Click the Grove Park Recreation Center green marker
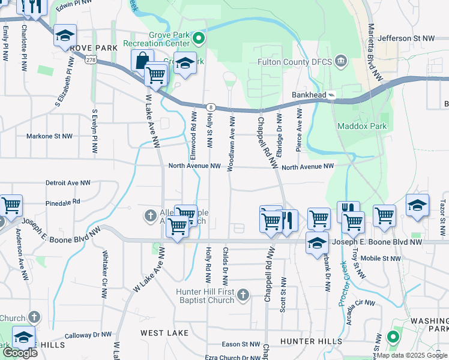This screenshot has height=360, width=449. coord(199,40)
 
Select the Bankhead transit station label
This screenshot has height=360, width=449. coord(309,95)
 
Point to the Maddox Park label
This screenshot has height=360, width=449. coord(363,126)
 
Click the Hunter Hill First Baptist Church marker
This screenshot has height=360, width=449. coord(243,295)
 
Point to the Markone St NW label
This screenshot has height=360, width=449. coord(49,136)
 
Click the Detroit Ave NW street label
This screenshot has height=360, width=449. coord(68,182)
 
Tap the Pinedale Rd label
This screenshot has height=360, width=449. coord(62,202)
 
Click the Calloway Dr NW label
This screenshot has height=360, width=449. coord(88,334)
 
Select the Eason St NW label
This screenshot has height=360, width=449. coord(241,344)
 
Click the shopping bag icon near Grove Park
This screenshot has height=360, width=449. coord(142,61)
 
